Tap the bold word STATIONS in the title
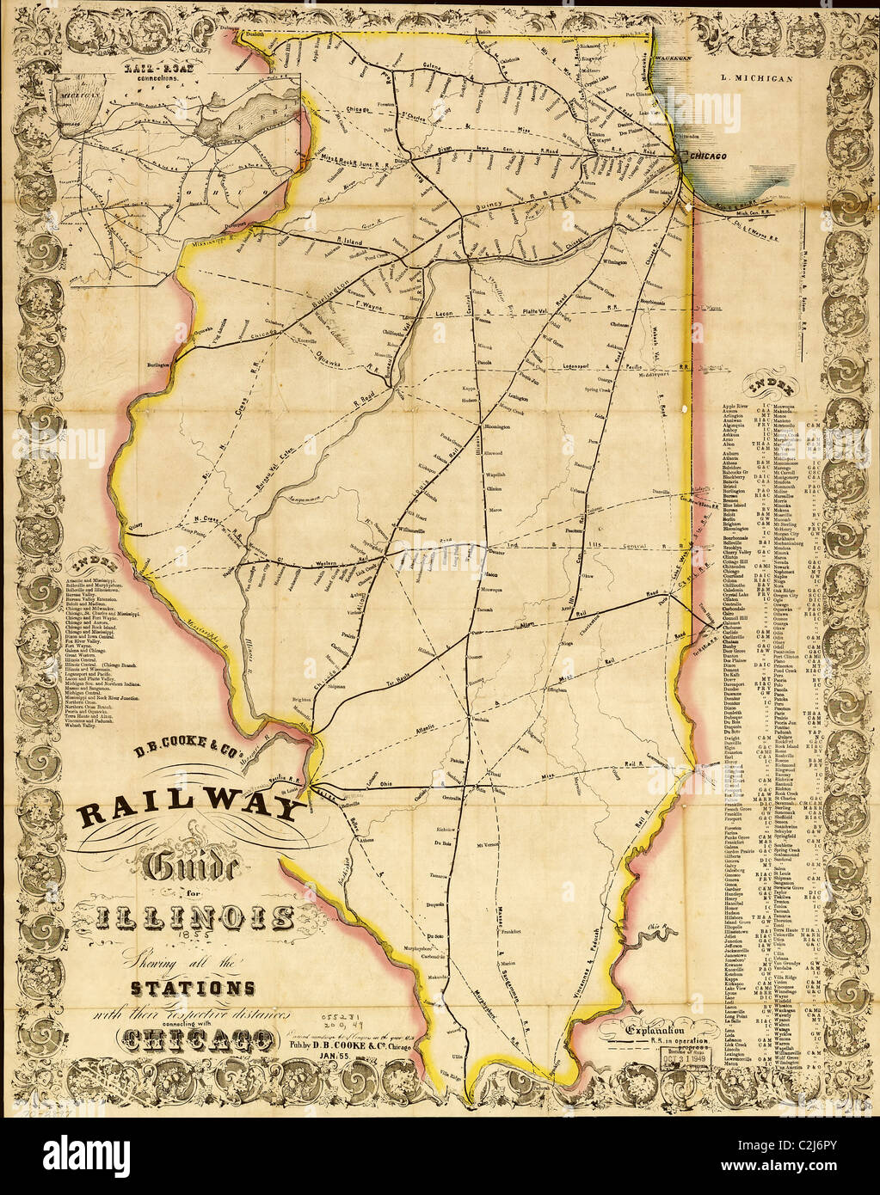coord(191,985)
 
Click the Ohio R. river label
coord(656,927)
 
